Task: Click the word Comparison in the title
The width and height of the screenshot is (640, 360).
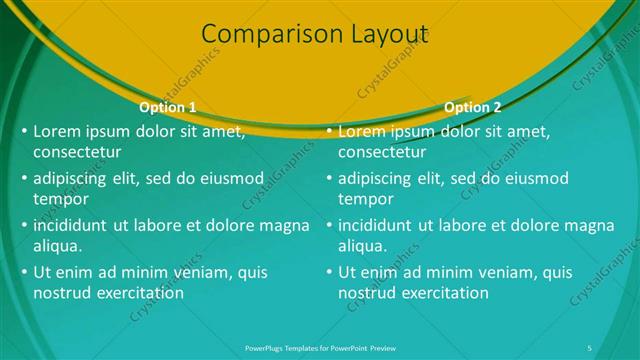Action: pyautogui.click(x=256, y=35)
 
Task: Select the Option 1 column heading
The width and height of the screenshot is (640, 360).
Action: pyautogui.click(x=168, y=107)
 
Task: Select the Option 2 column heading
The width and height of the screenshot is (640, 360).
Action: pyautogui.click(x=473, y=107)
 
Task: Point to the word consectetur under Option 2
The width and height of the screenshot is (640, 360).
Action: pyautogui.click(x=382, y=153)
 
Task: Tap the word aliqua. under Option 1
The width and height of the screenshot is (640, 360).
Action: pyautogui.click(x=58, y=246)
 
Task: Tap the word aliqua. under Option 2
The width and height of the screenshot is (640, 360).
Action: pyautogui.click(x=363, y=246)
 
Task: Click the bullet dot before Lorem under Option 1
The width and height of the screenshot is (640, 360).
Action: pyautogui.click(x=25, y=131)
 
